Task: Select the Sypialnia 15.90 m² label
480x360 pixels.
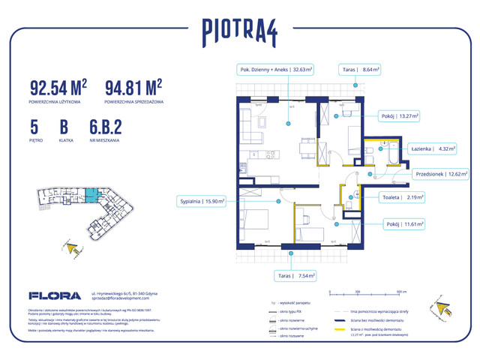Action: click(202, 201)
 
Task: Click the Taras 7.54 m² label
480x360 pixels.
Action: click(292, 275)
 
